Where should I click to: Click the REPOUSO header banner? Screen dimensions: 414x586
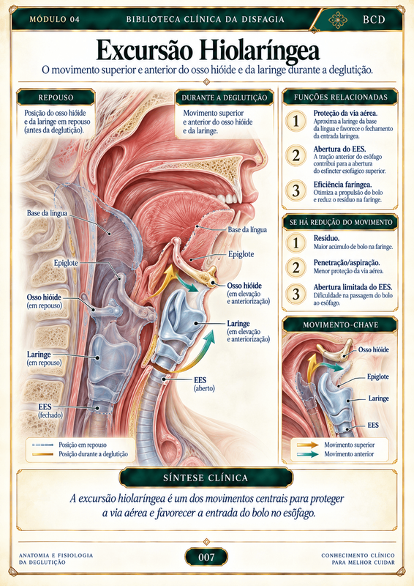[56, 97]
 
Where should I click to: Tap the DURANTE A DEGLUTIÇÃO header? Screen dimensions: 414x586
[225, 98]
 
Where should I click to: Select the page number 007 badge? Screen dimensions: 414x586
[206, 557]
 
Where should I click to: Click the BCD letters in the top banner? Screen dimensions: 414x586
[374, 20]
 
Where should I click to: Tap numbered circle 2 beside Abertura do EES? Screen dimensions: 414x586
[296, 155]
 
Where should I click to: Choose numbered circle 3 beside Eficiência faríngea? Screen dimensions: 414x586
[296, 190]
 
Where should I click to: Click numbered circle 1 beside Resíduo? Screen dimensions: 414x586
[296, 243]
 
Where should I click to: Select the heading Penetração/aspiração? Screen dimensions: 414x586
[347, 263]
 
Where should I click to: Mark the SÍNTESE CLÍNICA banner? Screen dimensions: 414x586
[206, 478]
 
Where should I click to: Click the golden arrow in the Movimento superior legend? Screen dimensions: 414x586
[308, 445]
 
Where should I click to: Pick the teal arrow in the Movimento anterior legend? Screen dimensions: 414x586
[308, 454]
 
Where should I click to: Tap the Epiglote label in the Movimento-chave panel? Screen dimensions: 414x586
[377, 377]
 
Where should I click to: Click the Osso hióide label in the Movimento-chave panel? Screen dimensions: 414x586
[373, 350]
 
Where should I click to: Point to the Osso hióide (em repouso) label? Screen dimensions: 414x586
[44, 301]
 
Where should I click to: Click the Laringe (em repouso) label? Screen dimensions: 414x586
[45, 358]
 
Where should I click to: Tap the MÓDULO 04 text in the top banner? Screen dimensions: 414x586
[55, 20]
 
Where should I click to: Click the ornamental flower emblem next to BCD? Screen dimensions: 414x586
[338, 20]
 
